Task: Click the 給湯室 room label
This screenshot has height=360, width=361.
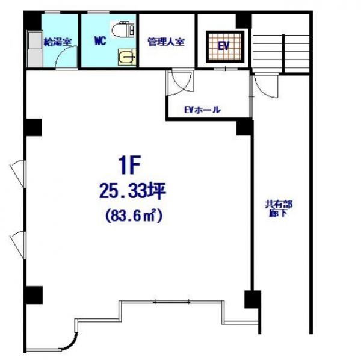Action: click(x=58, y=42)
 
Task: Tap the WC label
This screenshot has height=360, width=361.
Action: click(x=100, y=41)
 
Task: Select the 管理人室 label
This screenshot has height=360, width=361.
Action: click(x=166, y=42)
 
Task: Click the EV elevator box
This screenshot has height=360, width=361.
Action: click(x=225, y=47)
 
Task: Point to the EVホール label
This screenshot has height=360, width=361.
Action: click(x=203, y=110)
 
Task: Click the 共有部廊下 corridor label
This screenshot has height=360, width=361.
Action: click(x=279, y=209)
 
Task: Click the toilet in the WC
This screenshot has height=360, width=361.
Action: click(x=123, y=29)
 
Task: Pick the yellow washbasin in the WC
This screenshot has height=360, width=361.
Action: click(x=127, y=57)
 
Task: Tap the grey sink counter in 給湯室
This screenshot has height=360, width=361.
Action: click(x=35, y=49)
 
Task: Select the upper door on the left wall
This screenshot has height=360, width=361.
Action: click(x=18, y=173)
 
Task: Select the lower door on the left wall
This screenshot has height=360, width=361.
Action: click(x=18, y=245)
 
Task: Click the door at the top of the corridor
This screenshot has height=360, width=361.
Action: click(x=266, y=86)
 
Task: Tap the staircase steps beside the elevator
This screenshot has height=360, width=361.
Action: click(x=280, y=54)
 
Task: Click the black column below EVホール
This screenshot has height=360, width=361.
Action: click(x=244, y=127)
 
